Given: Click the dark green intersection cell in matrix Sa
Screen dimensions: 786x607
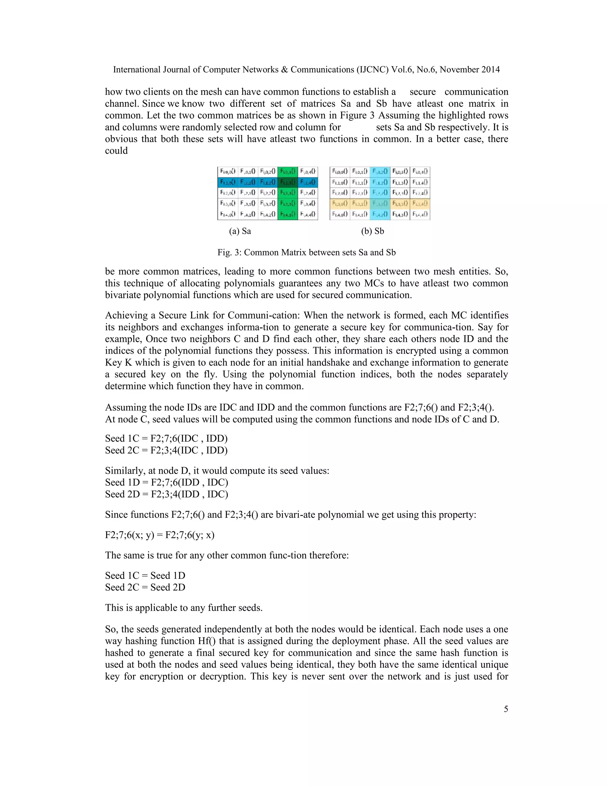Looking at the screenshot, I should point(288,182).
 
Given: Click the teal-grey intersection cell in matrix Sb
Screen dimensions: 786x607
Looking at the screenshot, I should point(380,204).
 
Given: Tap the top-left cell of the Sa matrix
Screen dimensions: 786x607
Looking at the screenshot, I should point(228,172).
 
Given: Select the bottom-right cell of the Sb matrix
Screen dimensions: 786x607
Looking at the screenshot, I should point(420,214).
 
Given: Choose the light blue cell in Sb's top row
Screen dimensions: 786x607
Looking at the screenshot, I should point(380,172).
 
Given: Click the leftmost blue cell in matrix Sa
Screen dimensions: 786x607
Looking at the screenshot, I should point(228,182).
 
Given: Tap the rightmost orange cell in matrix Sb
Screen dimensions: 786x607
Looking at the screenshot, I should point(420,204).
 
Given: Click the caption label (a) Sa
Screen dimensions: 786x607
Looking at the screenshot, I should point(240,231).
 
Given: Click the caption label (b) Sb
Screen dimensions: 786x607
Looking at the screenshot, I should point(373,231).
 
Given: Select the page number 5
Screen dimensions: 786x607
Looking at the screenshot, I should point(506,709).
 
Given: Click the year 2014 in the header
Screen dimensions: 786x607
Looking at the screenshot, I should point(491,70).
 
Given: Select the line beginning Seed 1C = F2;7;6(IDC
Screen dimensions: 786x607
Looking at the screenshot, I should point(166,439).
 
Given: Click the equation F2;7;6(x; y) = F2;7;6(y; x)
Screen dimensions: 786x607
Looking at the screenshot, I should point(160,535).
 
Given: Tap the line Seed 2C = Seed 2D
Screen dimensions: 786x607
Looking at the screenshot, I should point(145,587).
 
